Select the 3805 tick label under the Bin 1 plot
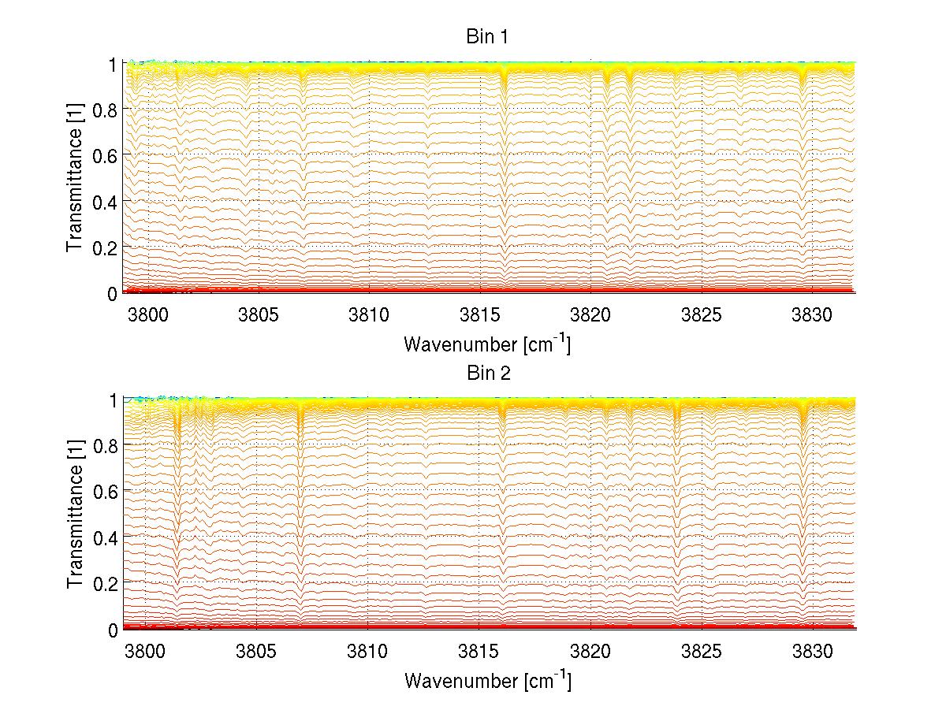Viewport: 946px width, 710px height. click(258, 316)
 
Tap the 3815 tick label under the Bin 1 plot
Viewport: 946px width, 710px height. click(479, 316)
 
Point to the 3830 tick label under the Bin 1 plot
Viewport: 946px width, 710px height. click(812, 316)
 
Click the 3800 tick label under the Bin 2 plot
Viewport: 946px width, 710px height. click(147, 652)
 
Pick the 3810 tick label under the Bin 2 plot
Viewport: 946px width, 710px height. click(368, 652)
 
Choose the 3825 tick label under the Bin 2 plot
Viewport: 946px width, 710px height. click(702, 652)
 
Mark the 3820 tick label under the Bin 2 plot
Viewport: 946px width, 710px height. click(590, 652)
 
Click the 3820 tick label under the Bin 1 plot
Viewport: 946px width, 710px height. click(590, 316)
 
